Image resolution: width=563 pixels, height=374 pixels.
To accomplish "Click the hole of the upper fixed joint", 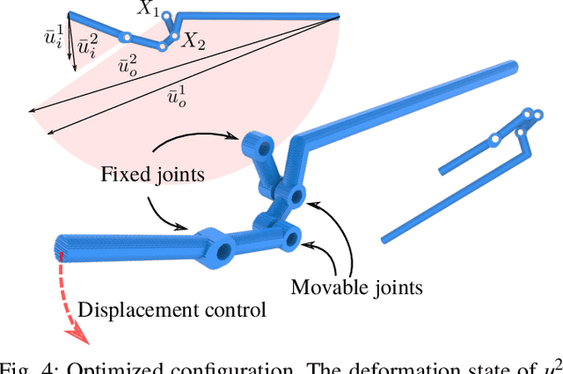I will pyautogui.click(x=258, y=140).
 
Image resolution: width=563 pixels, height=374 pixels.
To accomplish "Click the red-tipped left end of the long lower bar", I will pyautogui.click(x=61, y=255).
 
